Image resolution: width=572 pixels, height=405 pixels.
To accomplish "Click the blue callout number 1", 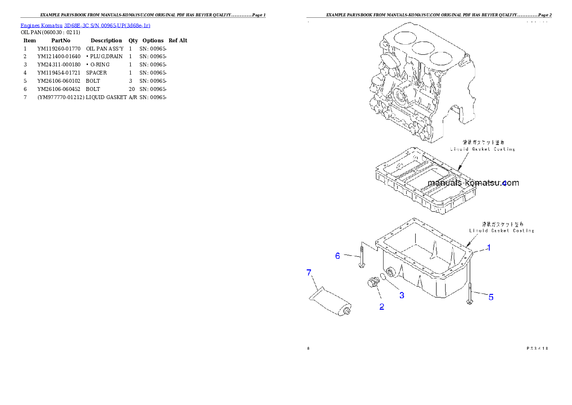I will point(488,248).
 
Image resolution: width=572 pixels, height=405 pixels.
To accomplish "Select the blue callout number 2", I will point(382,306).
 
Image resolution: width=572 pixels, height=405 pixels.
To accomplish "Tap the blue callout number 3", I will point(402,295).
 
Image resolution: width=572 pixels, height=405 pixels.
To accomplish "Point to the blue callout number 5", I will point(491,297).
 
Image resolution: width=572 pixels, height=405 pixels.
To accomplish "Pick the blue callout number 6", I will point(338,256).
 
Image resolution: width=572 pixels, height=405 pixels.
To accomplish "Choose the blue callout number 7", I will point(309,273).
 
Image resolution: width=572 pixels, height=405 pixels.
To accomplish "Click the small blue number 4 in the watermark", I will point(504,183).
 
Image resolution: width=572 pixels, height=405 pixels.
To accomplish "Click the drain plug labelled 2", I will point(372,283).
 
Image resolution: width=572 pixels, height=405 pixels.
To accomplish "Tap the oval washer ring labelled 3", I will point(384,277).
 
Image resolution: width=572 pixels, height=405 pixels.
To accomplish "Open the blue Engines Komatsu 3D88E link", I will point(85,25).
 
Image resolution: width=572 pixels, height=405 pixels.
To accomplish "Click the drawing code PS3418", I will point(537,348).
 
